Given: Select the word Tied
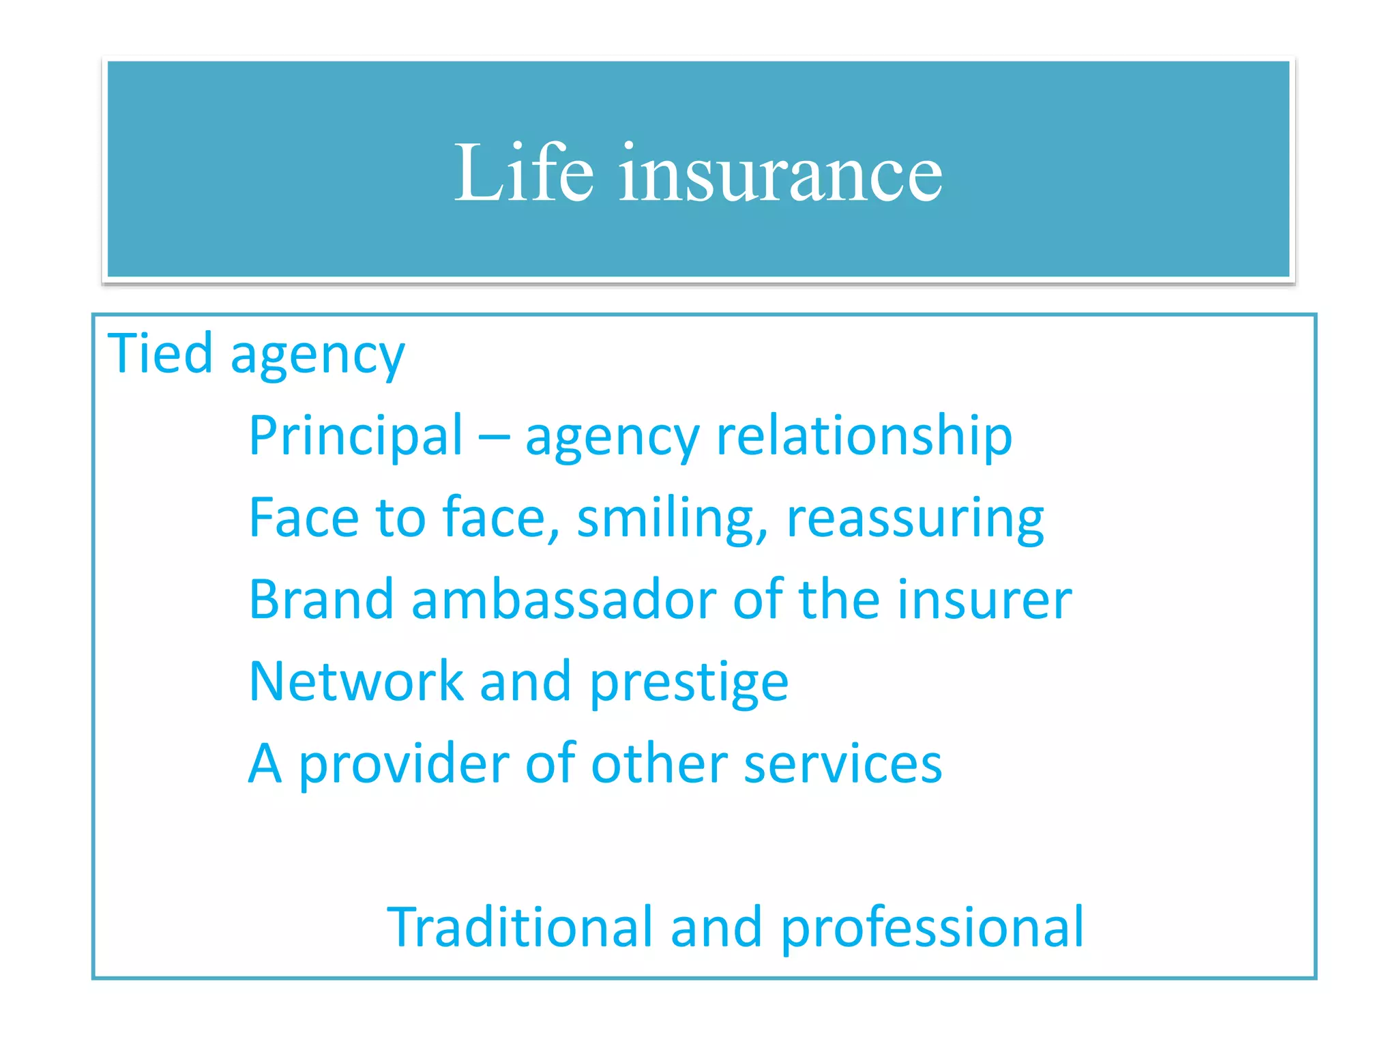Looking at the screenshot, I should coord(160,353).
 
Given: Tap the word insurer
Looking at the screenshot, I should coord(984,600).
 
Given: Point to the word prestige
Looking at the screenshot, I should coord(689,682).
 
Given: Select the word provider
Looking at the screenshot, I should coord(403,764).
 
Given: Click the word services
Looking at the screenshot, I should coord(843,764).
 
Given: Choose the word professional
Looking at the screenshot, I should coord(932,928).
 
